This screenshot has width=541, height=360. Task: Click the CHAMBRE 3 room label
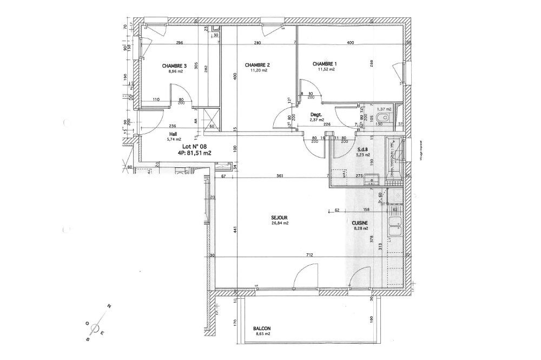tap(170, 66)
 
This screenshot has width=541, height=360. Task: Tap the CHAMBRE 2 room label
tap(257, 65)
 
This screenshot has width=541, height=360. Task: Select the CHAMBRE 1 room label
tap(325, 64)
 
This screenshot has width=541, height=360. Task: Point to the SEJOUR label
tap(279, 218)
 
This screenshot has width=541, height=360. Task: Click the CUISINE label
tap(360, 222)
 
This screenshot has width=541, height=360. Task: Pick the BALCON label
tap(262, 329)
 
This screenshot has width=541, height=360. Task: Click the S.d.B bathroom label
tap(363, 149)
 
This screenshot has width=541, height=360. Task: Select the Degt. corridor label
tap(316, 115)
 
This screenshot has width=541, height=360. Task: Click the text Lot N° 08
tap(194, 146)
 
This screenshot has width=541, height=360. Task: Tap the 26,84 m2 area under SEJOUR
tap(279, 223)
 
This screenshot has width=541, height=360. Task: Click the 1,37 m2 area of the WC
tap(384, 109)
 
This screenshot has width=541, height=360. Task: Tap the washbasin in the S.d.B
tap(370, 179)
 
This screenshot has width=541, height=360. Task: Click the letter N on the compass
tap(109, 307)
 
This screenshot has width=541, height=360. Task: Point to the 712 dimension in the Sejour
tap(308, 256)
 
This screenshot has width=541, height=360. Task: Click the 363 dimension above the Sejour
tap(280, 176)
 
